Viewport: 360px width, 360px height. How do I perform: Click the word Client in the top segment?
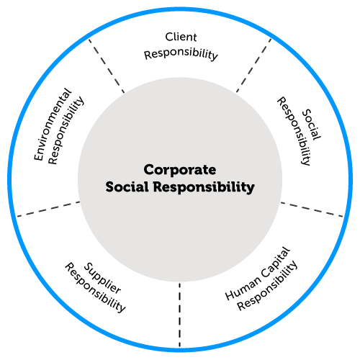tap(181, 37)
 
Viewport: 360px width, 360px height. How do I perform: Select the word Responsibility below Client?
tap(181, 53)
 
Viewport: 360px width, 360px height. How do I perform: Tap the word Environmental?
tap(53, 124)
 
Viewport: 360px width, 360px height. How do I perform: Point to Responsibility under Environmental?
tap(66, 130)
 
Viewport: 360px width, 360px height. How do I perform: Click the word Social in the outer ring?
tap(312, 125)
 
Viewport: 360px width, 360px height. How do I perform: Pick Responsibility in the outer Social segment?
tap(294, 131)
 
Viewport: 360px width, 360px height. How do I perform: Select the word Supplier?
tap(102, 278)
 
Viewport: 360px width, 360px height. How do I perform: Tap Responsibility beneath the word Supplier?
tap(95, 287)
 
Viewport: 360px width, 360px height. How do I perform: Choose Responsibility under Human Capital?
tap(267, 286)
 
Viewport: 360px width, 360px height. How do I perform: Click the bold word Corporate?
tap(180, 170)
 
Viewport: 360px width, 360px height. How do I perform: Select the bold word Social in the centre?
tap(127, 186)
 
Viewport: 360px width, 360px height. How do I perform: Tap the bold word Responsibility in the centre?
tap(204, 187)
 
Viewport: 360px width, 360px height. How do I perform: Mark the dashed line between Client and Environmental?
tap(107, 66)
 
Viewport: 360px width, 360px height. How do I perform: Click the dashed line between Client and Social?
tap(253, 66)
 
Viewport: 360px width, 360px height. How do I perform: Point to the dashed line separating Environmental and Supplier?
tap(48, 209)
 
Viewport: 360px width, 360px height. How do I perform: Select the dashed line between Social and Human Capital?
tap(312, 210)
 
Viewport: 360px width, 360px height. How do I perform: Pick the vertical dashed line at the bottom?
tap(179, 315)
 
